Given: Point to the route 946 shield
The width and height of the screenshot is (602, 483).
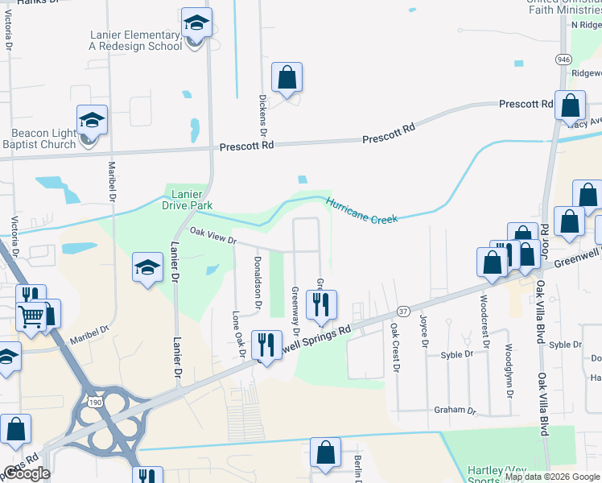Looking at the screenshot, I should pyautogui.click(x=563, y=60).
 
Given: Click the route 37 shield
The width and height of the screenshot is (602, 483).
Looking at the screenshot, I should pyautogui.click(x=403, y=311).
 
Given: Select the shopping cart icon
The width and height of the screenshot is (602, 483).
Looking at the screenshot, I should pyautogui.click(x=31, y=316).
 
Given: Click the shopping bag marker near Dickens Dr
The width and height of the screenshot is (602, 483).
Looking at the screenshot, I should pyautogui.click(x=287, y=79).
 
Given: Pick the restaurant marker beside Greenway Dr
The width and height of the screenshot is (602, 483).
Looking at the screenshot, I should pyautogui.click(x=322, y=304).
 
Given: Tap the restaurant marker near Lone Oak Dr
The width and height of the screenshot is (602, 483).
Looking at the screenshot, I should pyautogui.click(x=266, y=345).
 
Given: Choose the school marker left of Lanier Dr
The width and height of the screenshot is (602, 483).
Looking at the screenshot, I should pyautogui.click(x=147, y=268).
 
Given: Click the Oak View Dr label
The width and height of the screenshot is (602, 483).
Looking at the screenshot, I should pyautogui.click(x=213, y=236).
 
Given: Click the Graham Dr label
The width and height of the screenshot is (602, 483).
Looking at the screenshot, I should pyautogui.click(x=455, y=410).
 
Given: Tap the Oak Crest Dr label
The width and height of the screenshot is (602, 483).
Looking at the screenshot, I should pyautogui.click(x=395, y=348).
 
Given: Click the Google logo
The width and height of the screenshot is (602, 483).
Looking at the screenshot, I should pyautogui.click(x=27, y=473).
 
